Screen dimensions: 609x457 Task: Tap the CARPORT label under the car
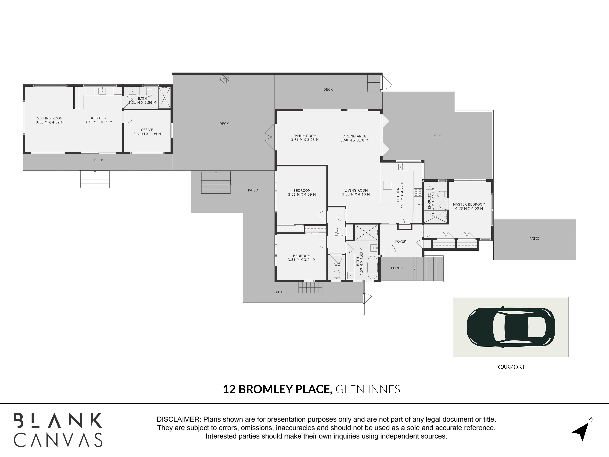[512, 367]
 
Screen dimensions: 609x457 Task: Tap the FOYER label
[401, 241]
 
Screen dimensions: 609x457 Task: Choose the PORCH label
[397, 268]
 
